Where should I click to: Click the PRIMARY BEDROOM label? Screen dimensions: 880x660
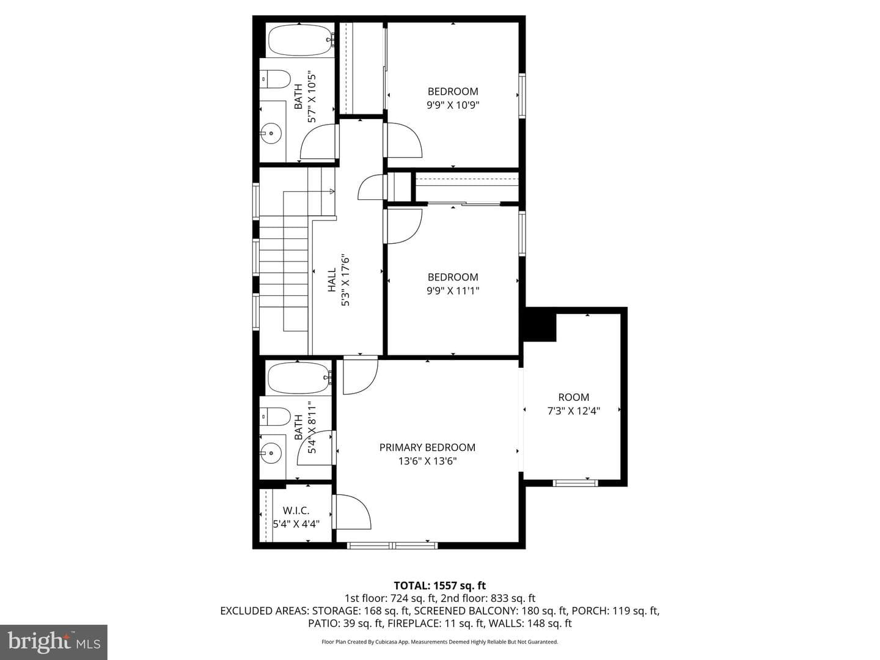coord(427,447)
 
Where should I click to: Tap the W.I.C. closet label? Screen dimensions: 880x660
coord(296,510)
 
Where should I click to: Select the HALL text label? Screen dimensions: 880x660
coord(332,280)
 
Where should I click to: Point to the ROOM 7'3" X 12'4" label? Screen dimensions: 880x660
coord(574,404)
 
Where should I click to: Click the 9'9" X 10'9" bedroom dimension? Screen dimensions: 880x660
coord(453,105)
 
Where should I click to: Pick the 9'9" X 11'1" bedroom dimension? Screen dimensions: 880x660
coord(453,290)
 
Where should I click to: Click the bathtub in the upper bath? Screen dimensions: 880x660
coord(301,42)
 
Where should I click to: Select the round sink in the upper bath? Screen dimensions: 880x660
coord(271,133)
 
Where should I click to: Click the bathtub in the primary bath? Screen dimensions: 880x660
coord(300,378)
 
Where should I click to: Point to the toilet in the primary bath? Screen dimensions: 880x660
coord(274,417)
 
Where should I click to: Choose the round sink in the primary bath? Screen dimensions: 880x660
coord(271,453)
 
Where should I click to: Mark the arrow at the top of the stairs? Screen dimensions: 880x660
coord(332,191)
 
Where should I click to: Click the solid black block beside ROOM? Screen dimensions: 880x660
coord(540,324)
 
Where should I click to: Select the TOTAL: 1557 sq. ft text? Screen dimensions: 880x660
coord(440,585)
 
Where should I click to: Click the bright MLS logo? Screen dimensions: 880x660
coord(54,642)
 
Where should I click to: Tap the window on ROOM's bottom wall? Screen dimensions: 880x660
coord(575,483)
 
